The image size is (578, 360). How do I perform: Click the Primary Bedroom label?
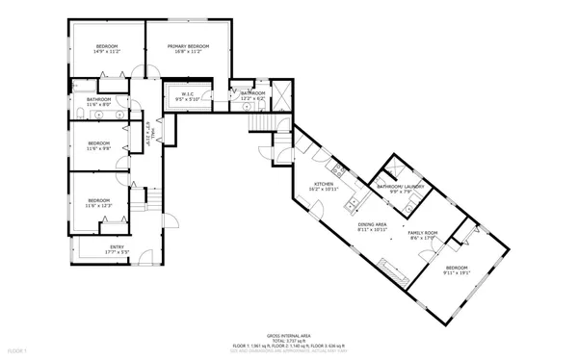(188, 49)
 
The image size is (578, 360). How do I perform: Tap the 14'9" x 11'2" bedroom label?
(106, 49)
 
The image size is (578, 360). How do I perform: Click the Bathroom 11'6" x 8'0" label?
(99, 102)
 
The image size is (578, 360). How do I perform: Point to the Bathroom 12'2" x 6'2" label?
(251, 95)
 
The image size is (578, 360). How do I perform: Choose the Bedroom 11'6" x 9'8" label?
(99, 146)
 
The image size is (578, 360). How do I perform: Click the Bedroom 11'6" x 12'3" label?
(99, 202)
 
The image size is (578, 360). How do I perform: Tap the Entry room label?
(117, 249)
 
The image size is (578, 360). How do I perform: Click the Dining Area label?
(372, 226)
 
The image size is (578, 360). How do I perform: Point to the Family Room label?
(422, 235)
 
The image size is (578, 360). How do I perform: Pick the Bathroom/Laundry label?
(395, 189)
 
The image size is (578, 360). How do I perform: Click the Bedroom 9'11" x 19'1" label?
(456, 270)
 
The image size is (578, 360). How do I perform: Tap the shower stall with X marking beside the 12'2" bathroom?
(283, 95)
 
